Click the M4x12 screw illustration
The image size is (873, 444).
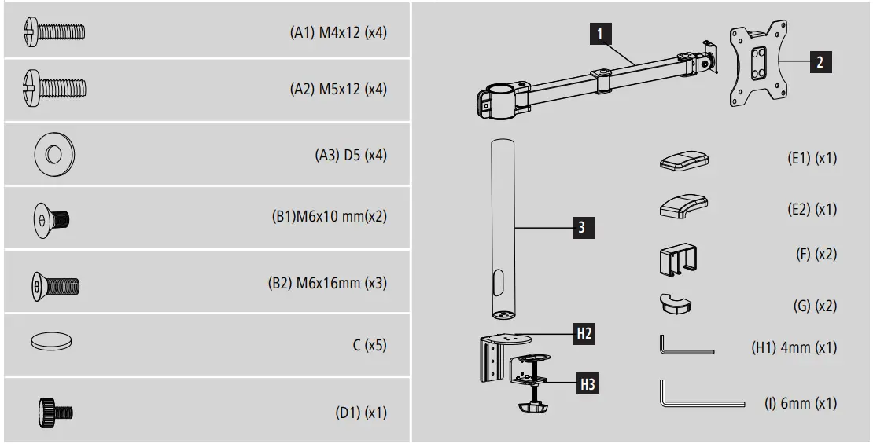point(55,32)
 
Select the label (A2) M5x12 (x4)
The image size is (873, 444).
point(338,89)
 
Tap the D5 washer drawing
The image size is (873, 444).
point(54,154)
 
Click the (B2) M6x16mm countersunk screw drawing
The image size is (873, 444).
point(55,283)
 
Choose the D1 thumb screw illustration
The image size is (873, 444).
point(55,411)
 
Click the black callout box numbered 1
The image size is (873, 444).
point(600,34)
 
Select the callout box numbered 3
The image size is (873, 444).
point(580,228)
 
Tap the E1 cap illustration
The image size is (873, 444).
point(683,160)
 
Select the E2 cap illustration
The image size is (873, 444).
point(683,207)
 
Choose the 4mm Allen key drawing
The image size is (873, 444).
point(684,346)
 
